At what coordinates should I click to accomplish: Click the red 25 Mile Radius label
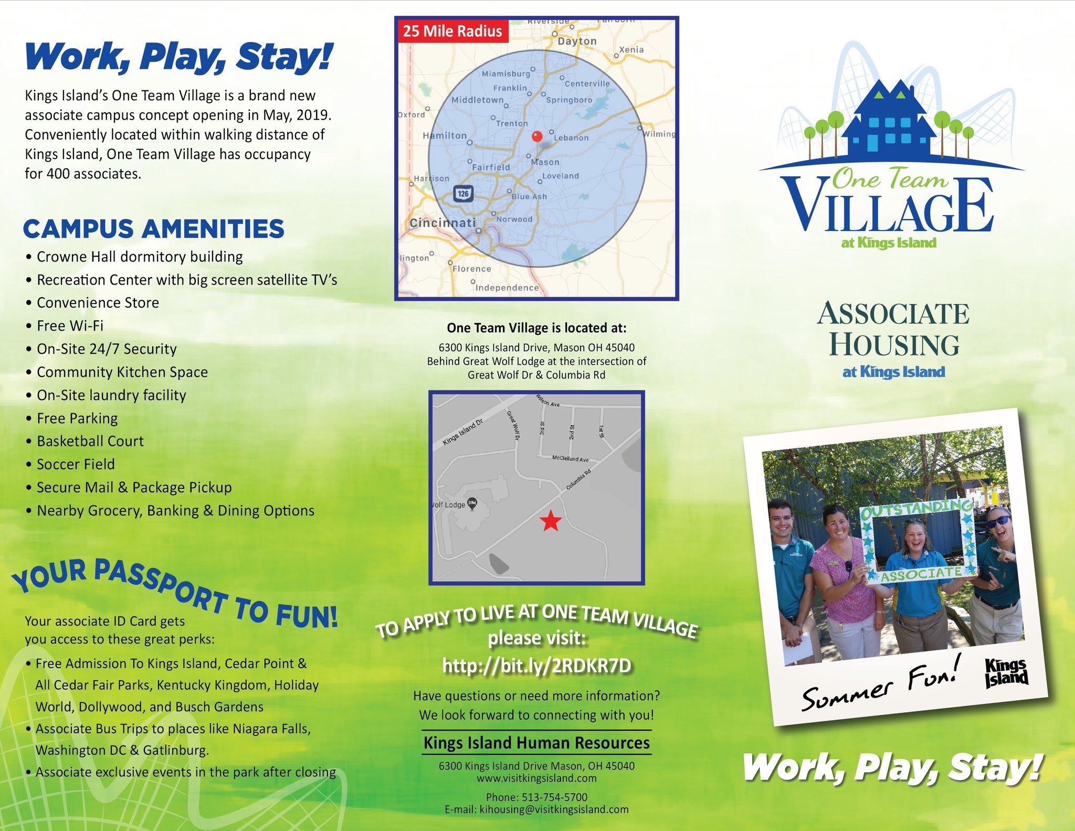(452, 31)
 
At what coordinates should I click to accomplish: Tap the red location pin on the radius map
(536, 136)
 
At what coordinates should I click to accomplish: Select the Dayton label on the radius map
(577, 41)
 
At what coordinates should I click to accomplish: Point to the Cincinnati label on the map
(442, 223)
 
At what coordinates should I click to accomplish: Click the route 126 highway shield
(463, 194)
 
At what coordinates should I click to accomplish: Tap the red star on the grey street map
(551, 521)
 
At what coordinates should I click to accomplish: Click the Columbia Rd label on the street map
(578, 479)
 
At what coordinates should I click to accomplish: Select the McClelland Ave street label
(571, 459)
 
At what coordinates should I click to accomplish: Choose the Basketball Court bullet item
(85, 441)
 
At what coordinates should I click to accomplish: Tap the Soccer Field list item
(70, 465)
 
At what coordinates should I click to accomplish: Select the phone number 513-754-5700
(554, 797)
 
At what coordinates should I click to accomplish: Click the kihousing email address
(554, 809)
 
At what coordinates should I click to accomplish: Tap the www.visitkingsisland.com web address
(536, 778)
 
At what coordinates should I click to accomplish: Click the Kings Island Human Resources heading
(536, 743)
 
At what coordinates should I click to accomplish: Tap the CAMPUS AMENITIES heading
(153, 229)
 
